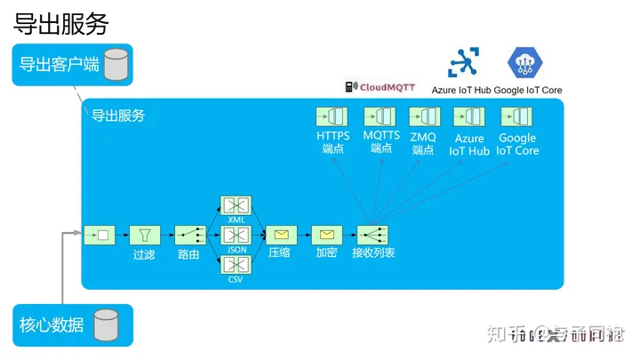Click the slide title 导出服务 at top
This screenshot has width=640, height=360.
(60, 24)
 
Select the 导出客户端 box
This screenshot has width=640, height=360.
(72, 65)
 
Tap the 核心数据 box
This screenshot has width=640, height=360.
(72, 325)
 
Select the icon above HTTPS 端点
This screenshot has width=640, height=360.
(332, 116)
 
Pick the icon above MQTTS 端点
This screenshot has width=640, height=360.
(380, 116)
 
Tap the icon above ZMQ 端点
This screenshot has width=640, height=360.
(424, 116)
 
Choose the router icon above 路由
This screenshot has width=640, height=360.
(189, 236)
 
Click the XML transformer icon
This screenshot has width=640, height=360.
(236, 205)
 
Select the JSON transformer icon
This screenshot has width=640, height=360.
(236, 236)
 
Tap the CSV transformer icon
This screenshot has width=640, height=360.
(236, 265)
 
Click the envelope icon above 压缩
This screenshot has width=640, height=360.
(281, 236)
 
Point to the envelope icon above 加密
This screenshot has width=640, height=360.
(326, 236)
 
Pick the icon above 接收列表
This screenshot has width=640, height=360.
(372, 236)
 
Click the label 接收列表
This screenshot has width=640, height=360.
(372, 253)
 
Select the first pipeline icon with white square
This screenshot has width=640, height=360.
(99, 236)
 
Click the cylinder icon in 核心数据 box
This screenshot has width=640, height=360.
(107, 325)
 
